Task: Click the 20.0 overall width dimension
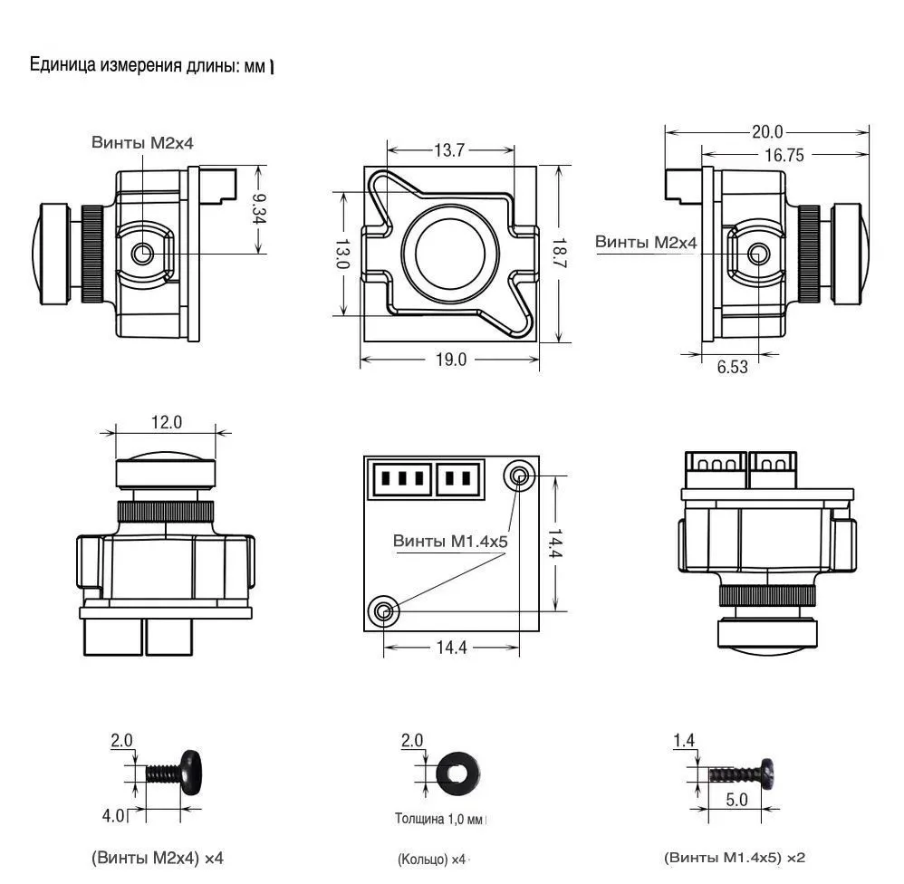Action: [x=766, y=132]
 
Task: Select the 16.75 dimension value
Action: [x=784, y=155]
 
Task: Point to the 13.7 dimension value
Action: [x=448, y=150]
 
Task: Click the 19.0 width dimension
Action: [x=449, y=360]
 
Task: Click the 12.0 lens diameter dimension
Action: [x=166, y=421]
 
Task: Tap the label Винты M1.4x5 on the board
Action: [x=450, y=541]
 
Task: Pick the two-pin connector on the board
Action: [x=457, y=477]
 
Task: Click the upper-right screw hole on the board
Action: [x=519, y=476]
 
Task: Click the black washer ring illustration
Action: [x=458, y=773]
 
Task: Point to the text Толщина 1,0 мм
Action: [x=439, y=820]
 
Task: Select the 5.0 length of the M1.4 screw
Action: [x=737, y=800]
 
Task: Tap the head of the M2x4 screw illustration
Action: [x=190, y=772]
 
